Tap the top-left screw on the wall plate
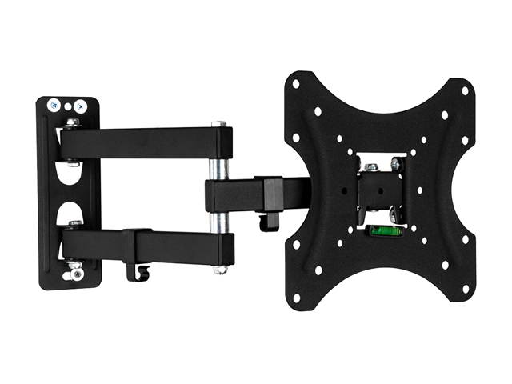click(54, 105)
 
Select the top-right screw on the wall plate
click(80, 105)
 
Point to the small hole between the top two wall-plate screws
click(67, 105)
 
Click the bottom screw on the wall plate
click(77, 274)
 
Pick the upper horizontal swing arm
click(144, 142)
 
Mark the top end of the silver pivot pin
click(218, 124)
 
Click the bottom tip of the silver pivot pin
click(219, 270)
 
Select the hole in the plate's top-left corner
click(295, 83)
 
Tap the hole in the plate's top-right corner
click(464, 90)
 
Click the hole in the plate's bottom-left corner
click(295, 297)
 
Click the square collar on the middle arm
click(273, 194)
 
